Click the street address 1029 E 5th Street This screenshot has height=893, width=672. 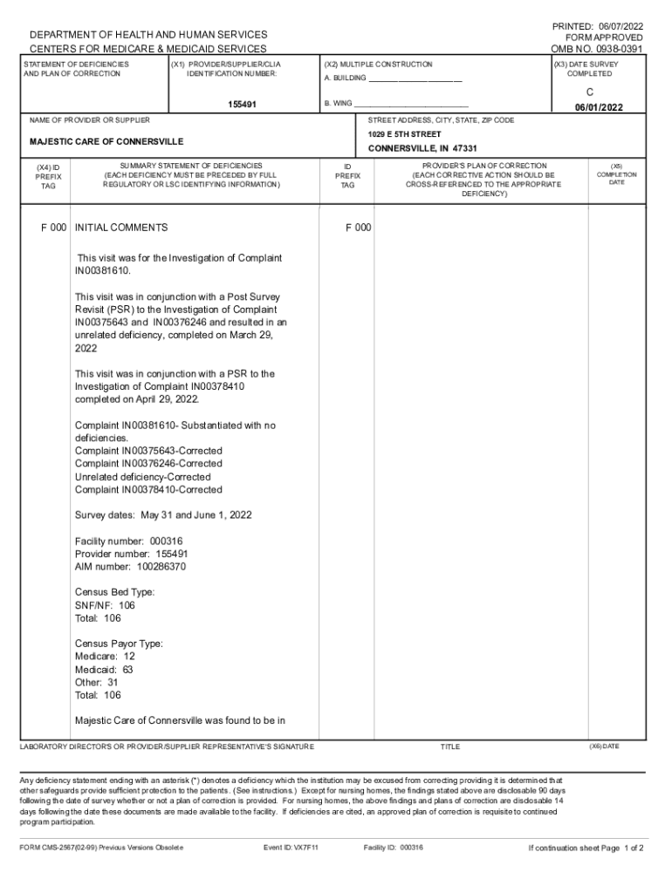(x=405, y=134)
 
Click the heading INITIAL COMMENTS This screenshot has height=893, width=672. (x=121, y=228)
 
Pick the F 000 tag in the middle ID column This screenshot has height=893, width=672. (x=358, y=228)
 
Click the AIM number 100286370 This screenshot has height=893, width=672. (x=130, y=567)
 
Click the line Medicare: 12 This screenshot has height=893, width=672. (x=105, y=657)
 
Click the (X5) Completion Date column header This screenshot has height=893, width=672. (x=616, y=174)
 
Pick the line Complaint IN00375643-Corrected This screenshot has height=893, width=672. (x=148, y=451)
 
